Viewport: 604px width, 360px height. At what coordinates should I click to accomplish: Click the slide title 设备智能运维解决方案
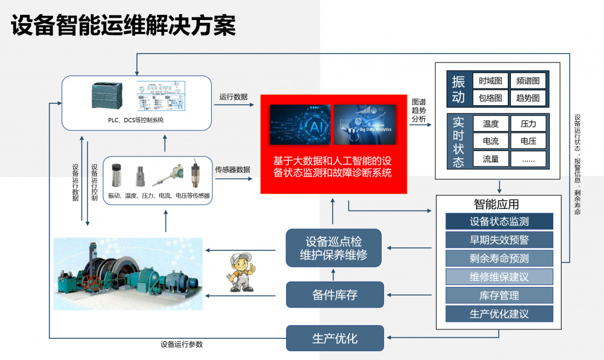(x=123, y=25)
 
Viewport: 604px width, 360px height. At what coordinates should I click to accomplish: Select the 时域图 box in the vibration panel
(x=491, y=81)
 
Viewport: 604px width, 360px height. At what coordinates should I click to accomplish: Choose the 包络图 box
(x=491, y=97)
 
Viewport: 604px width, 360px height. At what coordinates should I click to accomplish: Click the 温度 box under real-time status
(x=491, y=124)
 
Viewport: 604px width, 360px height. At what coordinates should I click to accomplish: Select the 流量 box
(x=491, y=159)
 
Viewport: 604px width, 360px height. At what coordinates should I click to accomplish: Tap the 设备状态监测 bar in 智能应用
(x=499, y=222)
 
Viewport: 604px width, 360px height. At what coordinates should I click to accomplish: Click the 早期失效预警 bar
(x=499, y=240)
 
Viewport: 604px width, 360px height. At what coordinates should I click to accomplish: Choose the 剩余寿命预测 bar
(x=499, y=258)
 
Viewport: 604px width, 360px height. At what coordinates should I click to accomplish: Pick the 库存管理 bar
(x=499, y=295)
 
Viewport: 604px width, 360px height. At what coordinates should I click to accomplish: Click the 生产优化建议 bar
(x=499, y=313)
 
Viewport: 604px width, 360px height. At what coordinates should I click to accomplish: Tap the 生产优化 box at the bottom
(x=334, y=339)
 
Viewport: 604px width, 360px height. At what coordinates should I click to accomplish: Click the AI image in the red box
(x=300, y=125)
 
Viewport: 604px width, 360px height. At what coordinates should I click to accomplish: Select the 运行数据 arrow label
(x=234, y=97)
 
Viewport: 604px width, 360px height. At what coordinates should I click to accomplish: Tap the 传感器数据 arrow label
(x=232, y=170)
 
